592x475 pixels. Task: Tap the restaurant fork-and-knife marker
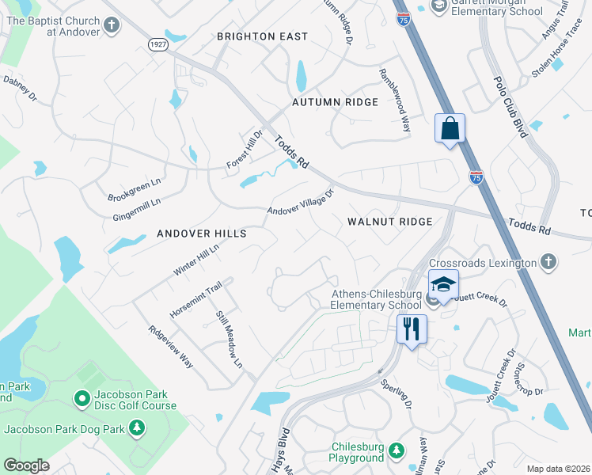coord(412,328)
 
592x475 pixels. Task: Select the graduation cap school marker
coord(444,284)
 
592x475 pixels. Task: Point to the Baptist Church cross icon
coord(112,25)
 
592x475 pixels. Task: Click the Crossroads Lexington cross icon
coord(548,262)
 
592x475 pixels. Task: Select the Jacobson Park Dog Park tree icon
coord(138,429)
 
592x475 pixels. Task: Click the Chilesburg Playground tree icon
coord(397,451)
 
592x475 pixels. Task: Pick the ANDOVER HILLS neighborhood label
coord(202,234)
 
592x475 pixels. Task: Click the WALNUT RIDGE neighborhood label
coord(390,222)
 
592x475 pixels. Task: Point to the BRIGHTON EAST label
coord(262,36)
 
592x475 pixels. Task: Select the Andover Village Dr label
coord(301,201)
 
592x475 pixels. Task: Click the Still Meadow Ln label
coord(228,338)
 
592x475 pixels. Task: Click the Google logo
coord(26,465)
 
